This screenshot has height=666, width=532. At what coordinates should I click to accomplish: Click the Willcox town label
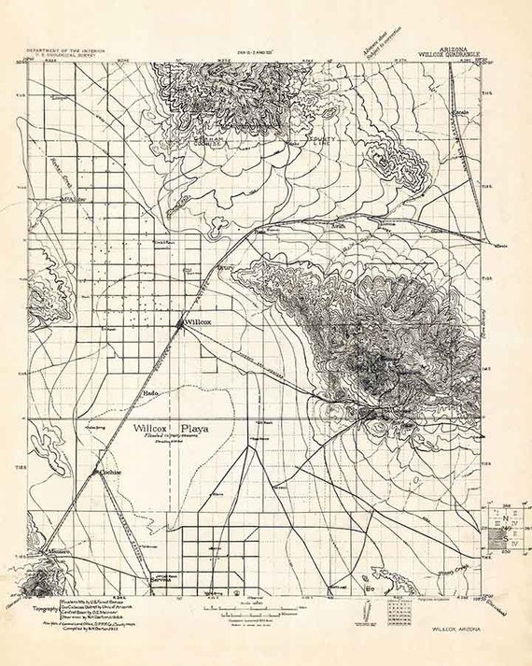pos(200,320)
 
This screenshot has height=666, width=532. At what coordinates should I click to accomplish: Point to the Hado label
pos(153,393)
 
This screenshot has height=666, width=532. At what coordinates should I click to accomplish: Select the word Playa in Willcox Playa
pos(195,429)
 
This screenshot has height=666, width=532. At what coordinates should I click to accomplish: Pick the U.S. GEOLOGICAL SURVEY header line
pos(63,53)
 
